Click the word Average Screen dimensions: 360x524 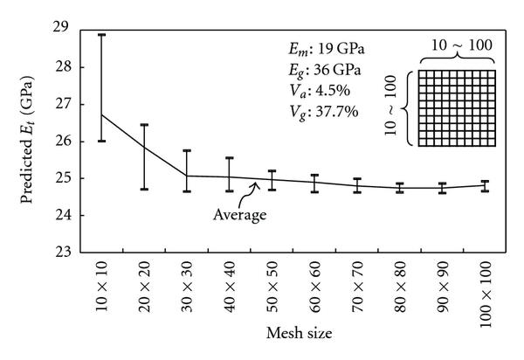click(239, 212)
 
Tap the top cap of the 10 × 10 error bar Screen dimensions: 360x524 click(103, 35)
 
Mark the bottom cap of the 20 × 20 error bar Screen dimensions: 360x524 click(145, 189)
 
